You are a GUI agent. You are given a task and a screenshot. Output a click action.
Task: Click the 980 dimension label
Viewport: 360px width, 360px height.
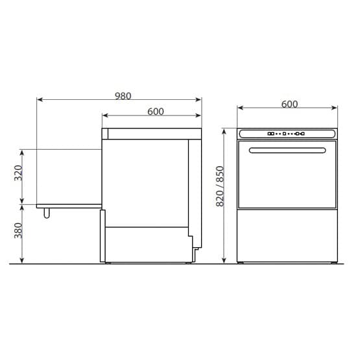[x=123, y=96]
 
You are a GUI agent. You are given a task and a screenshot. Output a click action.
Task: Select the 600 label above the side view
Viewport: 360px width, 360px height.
[x=156, y=112]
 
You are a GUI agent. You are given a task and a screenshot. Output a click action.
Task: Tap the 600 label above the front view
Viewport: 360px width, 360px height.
[x=289, y=104]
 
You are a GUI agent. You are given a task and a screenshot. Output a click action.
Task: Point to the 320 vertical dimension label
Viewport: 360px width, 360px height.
[x=18, y=173]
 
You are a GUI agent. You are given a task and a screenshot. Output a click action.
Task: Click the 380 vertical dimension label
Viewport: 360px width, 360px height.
[x=18, y=230]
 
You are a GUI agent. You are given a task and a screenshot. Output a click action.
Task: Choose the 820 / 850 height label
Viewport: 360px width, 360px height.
[x=220, y=186]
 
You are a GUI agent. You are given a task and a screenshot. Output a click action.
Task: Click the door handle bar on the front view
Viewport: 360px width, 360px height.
[x=287, y=150]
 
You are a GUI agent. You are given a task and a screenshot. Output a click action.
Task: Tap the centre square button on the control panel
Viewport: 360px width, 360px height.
[x=284, y=134]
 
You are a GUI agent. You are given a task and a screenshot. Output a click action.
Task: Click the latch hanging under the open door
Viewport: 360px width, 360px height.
[x=47, y=213]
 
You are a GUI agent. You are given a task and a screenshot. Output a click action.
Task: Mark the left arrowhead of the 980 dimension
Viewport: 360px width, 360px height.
[x=40, y=99]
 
